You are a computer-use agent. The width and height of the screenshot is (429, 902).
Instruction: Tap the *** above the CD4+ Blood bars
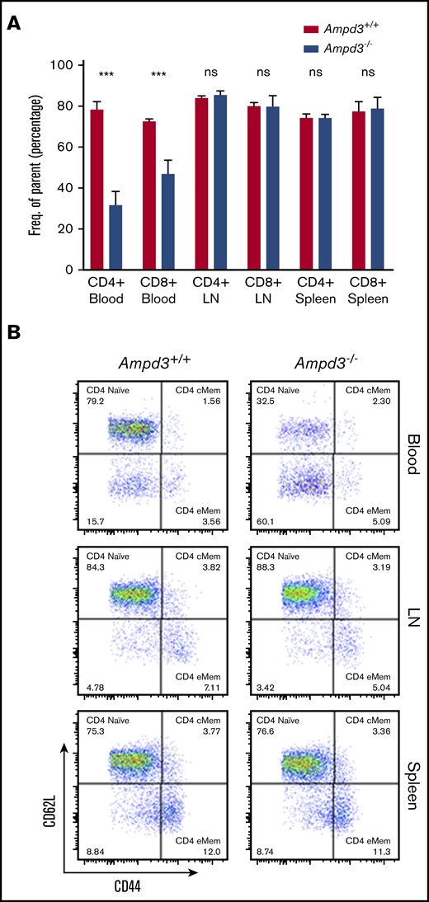pyautogui.click(x=106, y=76)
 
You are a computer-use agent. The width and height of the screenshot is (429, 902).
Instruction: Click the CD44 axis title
pyautogui.click(x=111, y=883)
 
